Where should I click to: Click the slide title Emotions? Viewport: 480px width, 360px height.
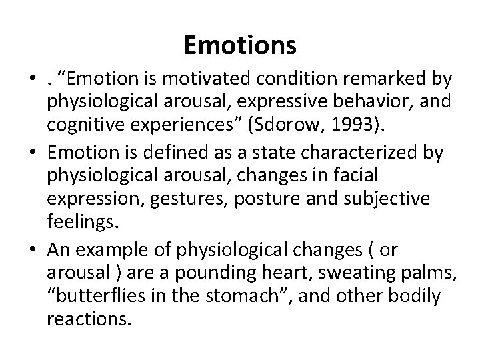[239, 45]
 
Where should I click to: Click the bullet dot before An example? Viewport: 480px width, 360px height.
[33, 249]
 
